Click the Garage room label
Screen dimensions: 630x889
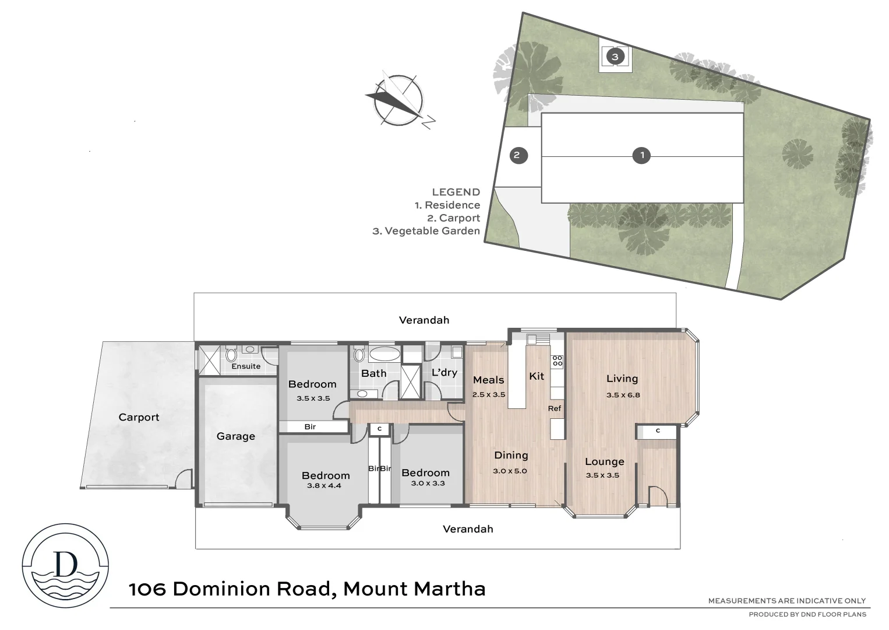pyautogui.click(x=235, y=436)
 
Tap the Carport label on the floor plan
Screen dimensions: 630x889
pyautogui.click(x=139, y=417)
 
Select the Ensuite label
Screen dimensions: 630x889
pyautogui.click(x=246, y=366)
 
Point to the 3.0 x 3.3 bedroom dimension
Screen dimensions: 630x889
pyautogui.click(x=427, y=483)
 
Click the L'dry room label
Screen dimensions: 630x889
pyautogui.click(x=444, y=372)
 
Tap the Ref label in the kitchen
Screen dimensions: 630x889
pyautogui.click(x=554, y=408)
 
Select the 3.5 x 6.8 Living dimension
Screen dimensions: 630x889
pyautogui.click(x=623, y=394)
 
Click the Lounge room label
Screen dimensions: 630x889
pyautogui.click(x=604, y=461)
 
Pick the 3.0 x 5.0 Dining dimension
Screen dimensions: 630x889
pyautogui.click(x=510, y=471)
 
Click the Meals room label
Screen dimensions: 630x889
pyautogui.click(x=488, y=380)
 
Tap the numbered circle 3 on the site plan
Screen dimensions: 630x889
pyautogui.click(x=615, y=57)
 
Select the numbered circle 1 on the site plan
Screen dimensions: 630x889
pyautogui.click(x=641, y=155)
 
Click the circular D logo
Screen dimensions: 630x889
pyautogui.click(x=65, y=565)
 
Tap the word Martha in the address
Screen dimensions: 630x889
pyautogui.click(x=449, y=589)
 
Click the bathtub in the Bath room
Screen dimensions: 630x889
pyautogui.click(x=384, y=354)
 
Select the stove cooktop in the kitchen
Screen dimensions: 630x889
pyautogui.click(x=557, y=360)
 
